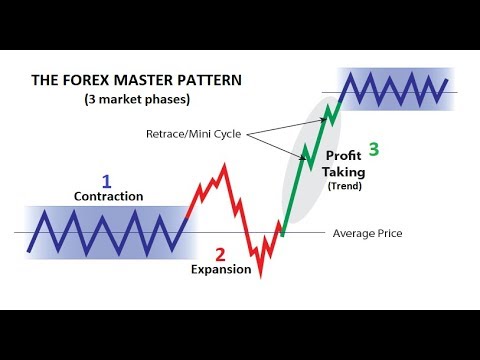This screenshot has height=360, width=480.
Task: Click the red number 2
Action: coord(222,254)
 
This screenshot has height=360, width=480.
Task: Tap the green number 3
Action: coord(374,150)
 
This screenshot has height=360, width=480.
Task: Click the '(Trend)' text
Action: coord(345,186)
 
